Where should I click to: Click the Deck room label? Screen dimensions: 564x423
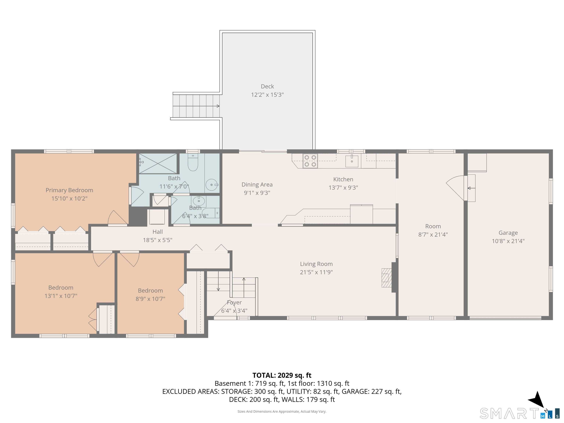coord(267,86)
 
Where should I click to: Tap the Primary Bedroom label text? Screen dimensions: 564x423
coord(69,190)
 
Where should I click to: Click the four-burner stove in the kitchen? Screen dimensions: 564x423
coord(310,161)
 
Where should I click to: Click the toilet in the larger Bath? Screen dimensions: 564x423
coord(193,162)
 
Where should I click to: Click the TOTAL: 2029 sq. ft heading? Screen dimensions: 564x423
coord(282,375)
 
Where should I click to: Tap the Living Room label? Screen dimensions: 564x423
coord(316,264)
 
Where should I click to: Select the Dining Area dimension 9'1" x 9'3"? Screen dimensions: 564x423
coord(257,193)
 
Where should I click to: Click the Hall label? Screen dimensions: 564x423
coord(158,232)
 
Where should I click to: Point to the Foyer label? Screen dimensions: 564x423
coord(234,302)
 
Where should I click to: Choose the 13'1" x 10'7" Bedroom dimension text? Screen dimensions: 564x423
coord(61,296)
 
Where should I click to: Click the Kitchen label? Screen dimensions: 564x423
coord(343,179)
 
